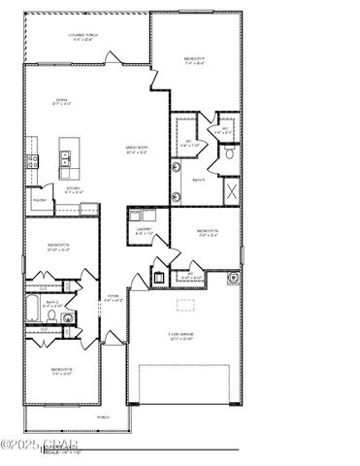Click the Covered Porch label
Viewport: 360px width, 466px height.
(86, 38)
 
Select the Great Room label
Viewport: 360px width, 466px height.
(136, 149)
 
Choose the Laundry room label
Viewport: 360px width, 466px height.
(144, 231)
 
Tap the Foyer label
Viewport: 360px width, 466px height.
(113, 298)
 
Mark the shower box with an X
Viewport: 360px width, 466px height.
(234, 189)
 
